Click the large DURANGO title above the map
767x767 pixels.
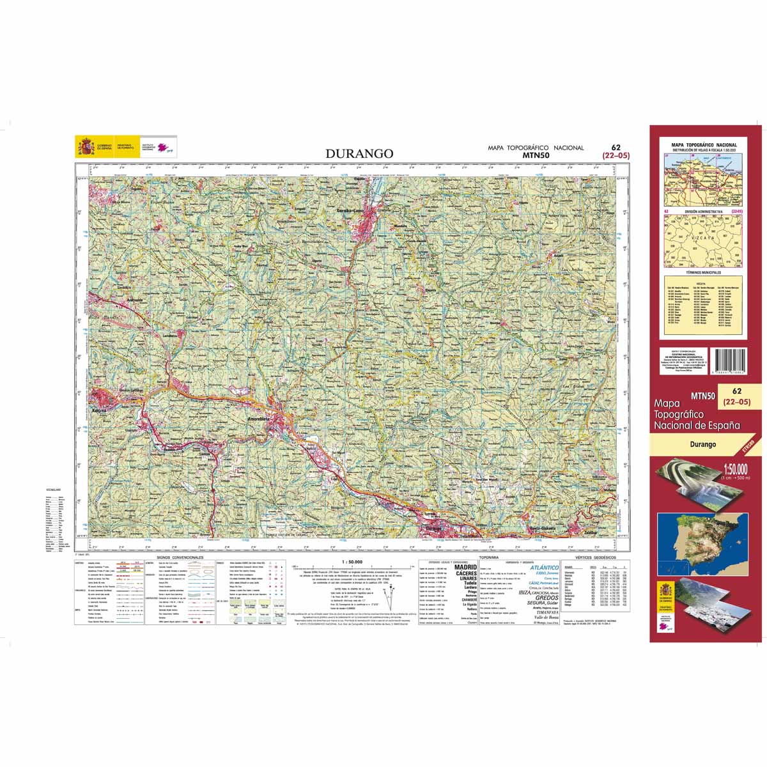click(x=359, y=153)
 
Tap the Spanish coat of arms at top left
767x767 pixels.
click(x=85, y=146)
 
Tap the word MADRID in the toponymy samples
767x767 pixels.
click(x=465, y=567)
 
